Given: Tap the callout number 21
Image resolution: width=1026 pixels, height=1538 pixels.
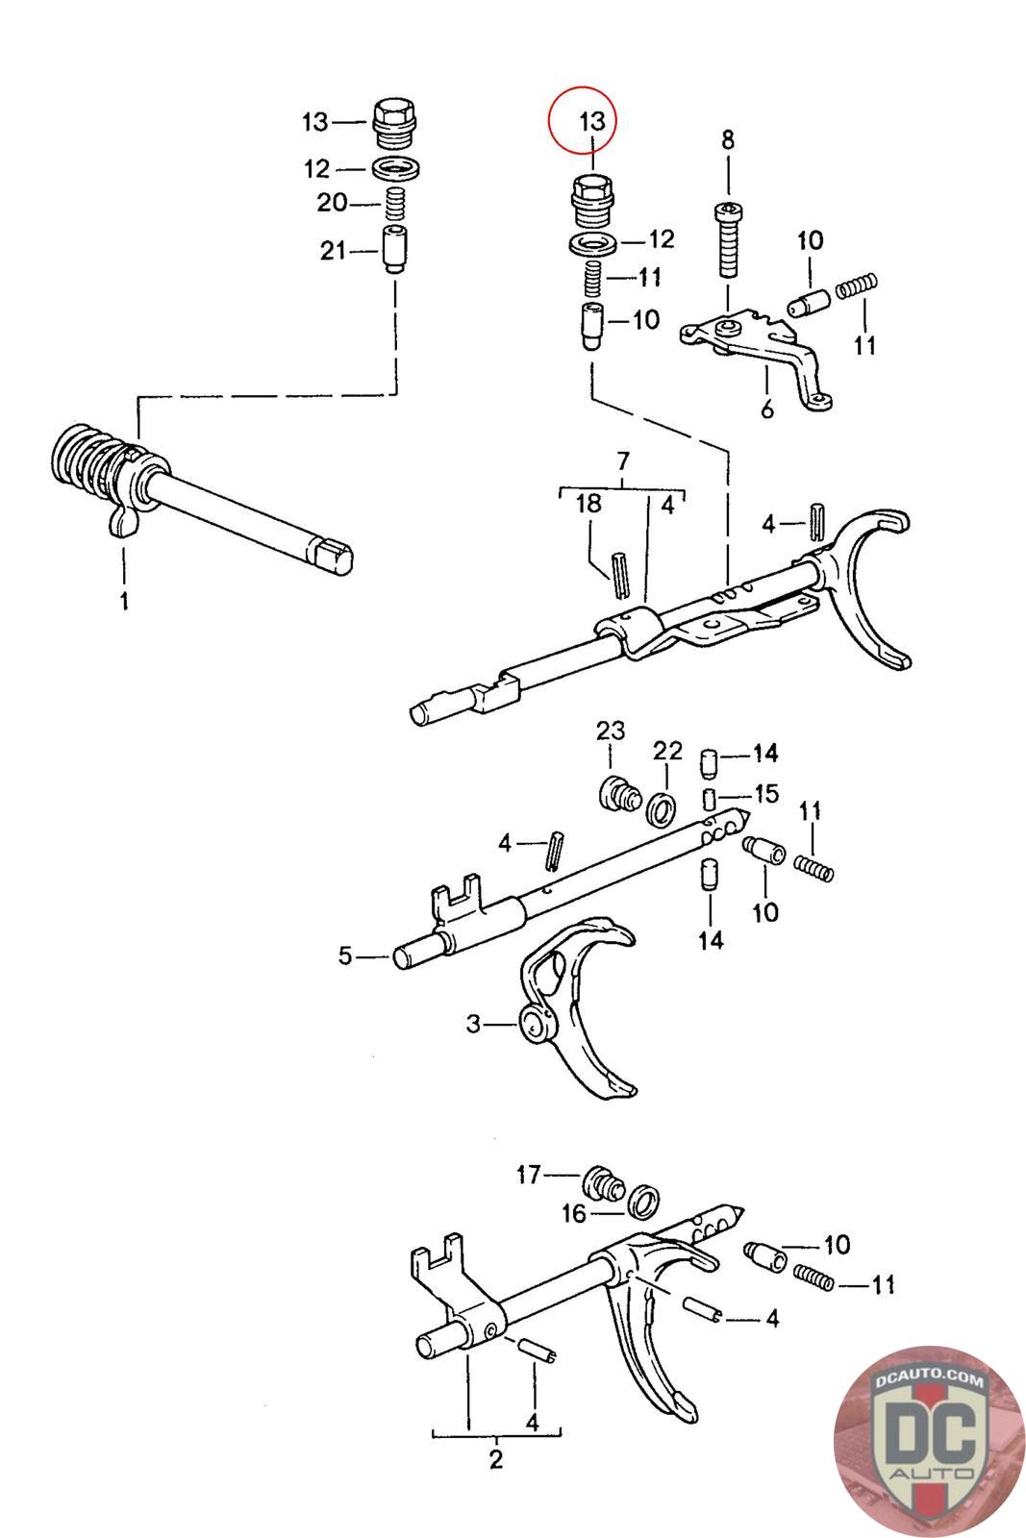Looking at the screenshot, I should tap(333, 252).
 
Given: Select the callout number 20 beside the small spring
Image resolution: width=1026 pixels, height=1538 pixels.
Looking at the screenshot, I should tap(333, 204).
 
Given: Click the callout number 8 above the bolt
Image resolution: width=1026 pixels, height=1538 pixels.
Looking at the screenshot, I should tap(728, 140).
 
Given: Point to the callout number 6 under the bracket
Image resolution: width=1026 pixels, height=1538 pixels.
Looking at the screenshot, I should tap(766, 409).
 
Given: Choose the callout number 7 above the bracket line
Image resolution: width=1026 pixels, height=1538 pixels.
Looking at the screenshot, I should tap(622, 460).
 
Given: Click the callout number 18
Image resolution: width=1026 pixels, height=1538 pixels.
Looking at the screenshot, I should tap(588, 504).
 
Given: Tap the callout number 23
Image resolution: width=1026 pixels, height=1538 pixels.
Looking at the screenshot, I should tap(611, 732).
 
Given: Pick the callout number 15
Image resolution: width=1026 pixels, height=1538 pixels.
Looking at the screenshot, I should tap(766, 795).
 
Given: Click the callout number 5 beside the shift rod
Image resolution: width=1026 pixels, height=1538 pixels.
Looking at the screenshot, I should tap(345, 956).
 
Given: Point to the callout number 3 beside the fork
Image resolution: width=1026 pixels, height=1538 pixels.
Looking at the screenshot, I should tap(473, 1025).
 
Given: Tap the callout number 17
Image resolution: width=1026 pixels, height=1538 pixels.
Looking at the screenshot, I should tap(529, 1174).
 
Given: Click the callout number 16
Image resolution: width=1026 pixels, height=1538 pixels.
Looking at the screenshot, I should tap(574, 1214).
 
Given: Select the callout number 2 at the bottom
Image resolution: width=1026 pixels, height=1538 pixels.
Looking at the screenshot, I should tap(496, 1459).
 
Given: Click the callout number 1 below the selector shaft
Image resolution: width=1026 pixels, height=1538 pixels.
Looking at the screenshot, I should tap(124, 602).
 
